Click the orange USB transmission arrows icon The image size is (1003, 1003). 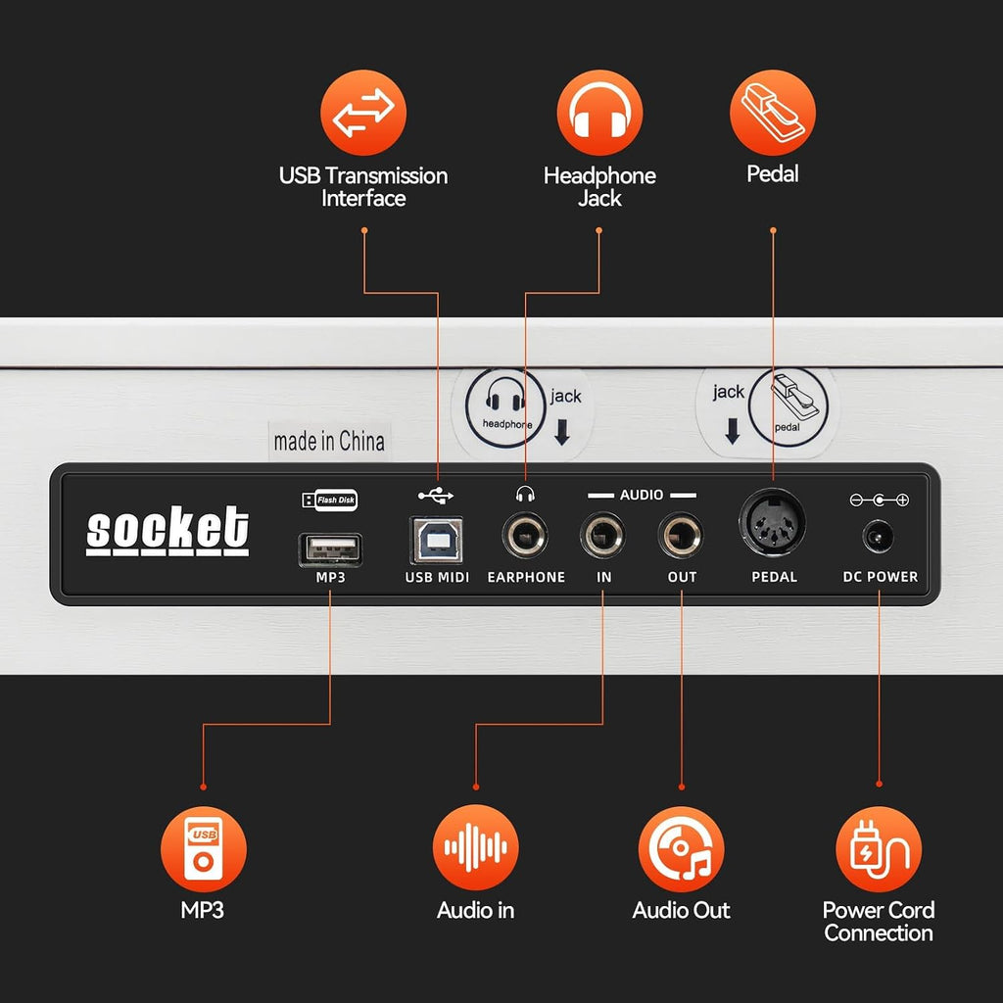point(363,113)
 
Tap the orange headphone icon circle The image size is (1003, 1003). point(599,113)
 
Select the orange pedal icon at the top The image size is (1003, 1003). point(773,113)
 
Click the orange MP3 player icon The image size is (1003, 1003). point(204,849)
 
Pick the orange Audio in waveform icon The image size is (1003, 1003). point(475,847)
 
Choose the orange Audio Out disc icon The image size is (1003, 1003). point(682,849)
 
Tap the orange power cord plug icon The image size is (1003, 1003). point(879,849)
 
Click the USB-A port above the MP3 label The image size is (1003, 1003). point(330,549)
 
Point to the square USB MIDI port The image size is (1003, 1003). point(436,540)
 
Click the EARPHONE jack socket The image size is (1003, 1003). point(525,536)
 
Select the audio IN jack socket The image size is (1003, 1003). point(602,536)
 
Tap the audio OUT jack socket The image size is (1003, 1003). point(681,536)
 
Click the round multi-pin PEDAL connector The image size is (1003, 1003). point(772,523)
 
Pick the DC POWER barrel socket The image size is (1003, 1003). point(879,536)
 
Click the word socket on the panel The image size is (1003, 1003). point(167,530)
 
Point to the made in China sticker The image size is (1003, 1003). point(329,442)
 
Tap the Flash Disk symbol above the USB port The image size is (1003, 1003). point(329,500)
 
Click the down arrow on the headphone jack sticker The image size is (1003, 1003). point(562,432)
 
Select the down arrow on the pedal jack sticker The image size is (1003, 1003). point(733,431)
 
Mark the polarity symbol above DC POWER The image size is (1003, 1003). point(879,501)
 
